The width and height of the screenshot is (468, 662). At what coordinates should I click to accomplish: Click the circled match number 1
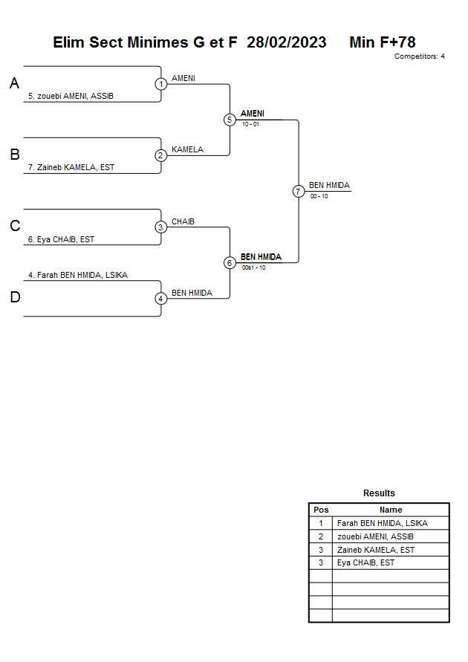tap(160, 84)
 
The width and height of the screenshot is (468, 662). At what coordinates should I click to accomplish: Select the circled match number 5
tap(230, 120)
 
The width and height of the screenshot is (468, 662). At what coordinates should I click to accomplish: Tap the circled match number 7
tap(299, 192)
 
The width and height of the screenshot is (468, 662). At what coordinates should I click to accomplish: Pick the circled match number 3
tap(160, 227)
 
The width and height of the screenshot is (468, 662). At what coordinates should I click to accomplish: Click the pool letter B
tap(15, 155)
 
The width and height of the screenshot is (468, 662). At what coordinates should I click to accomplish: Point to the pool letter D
tap(15, 297)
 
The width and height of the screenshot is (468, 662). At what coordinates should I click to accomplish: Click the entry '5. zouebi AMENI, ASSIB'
tap(71, 97)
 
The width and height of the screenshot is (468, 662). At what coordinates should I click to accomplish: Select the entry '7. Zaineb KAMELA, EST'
tap(71, 168)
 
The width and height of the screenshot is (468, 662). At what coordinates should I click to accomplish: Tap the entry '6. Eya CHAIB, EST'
tap(61, 239)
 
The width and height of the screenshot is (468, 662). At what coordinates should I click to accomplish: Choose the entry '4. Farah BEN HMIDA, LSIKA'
tap(78, 275)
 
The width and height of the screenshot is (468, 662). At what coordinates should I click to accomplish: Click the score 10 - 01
tap(250, 125)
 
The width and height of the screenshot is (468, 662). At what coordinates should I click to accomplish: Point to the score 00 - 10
tap(319, 196)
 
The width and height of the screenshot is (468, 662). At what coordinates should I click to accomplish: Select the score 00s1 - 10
tap(253, 267)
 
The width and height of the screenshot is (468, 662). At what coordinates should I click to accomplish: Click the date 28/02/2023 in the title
tap(287, 42)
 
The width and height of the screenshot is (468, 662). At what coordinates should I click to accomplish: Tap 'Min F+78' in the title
tap(383, 42)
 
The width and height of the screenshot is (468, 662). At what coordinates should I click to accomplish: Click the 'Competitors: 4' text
tap(420, 56)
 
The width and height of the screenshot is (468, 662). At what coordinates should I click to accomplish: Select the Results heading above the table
tap(379, 493)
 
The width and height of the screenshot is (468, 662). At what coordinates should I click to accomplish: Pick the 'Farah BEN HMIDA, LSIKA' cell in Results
tap(383, 524)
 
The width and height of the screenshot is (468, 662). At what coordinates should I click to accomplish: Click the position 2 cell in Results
tap(321, 536)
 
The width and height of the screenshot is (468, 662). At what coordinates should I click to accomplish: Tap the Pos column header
tap(321, 510)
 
